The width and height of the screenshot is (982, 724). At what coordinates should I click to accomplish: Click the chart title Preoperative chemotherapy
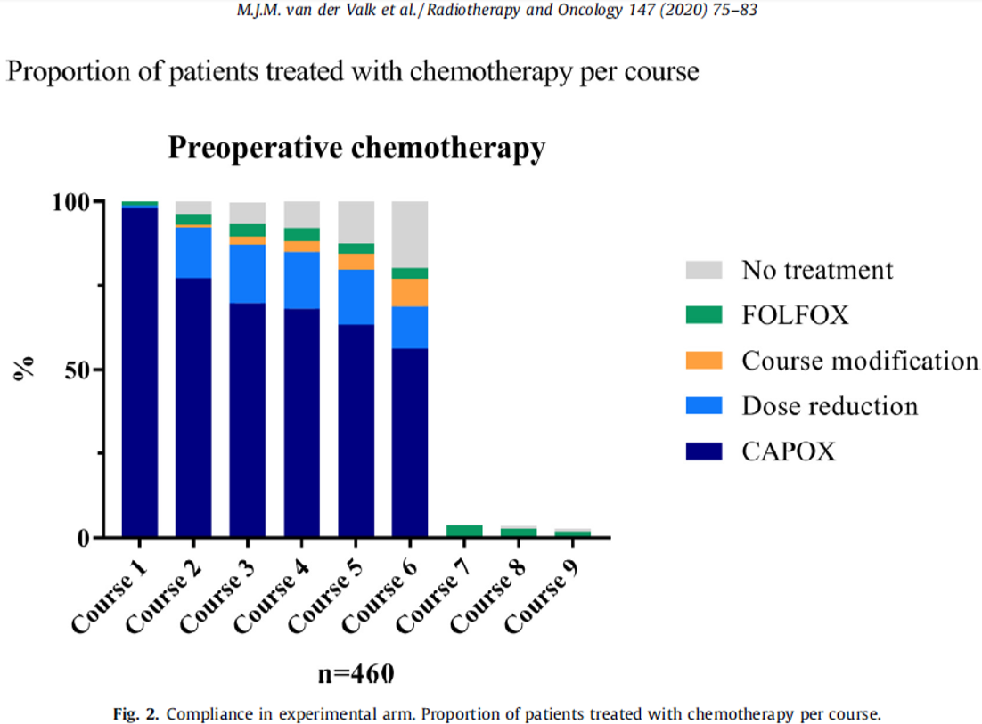(x=356, y=149)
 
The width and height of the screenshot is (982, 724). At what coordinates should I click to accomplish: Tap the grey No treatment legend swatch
(x=705, y=270)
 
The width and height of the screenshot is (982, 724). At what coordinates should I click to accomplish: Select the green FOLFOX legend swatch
(x=705, y=315)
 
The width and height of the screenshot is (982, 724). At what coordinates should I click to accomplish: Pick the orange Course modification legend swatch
(x=705, y=361)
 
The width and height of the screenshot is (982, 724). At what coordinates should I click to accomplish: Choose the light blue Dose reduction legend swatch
(x=705, y=406)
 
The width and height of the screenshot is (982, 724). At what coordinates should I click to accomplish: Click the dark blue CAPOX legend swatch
(x=705, y=451)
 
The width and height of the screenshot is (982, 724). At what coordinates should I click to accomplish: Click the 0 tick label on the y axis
(x=84, y=537)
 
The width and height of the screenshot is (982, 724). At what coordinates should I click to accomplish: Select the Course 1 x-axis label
(x=111, y=590)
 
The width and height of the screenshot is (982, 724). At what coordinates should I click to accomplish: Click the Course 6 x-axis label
(x=381, y=590)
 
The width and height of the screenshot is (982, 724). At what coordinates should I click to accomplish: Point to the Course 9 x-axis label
(x=542, y=590)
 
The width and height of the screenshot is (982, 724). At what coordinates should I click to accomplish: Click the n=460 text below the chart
(x=356, y=672)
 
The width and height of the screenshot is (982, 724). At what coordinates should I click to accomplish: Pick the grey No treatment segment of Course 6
(x=409, y=234)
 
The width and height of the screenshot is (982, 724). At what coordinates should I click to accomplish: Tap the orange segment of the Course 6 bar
(x=409, y=292)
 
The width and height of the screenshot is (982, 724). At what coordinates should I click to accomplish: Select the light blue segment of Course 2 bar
(x=193, y=253)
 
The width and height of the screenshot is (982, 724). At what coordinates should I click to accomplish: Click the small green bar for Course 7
(x=463, y=531)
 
